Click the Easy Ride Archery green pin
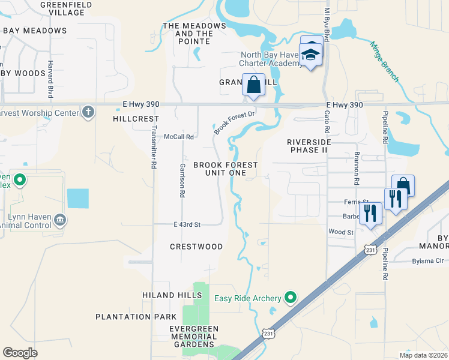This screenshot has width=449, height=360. click(x=291, y=297)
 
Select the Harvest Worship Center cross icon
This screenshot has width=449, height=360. click(x=88, y=112)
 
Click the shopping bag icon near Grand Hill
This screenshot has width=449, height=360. click(x=253, y=85)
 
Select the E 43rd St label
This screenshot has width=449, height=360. click(x=185, y=224)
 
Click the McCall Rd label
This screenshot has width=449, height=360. click(x=179, y=137)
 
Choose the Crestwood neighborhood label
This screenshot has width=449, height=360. click(x=196, y=247)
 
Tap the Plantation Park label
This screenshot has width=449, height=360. click(x=136, y=316)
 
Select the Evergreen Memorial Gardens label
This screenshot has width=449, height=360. click(x=193, y=337)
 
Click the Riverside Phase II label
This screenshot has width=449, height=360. click(x=309, y=146)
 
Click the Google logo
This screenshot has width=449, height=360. click(x=20, y=353)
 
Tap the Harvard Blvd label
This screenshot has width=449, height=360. click(x=50, y=79)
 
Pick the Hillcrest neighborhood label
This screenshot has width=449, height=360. click(x=135, y=119)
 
